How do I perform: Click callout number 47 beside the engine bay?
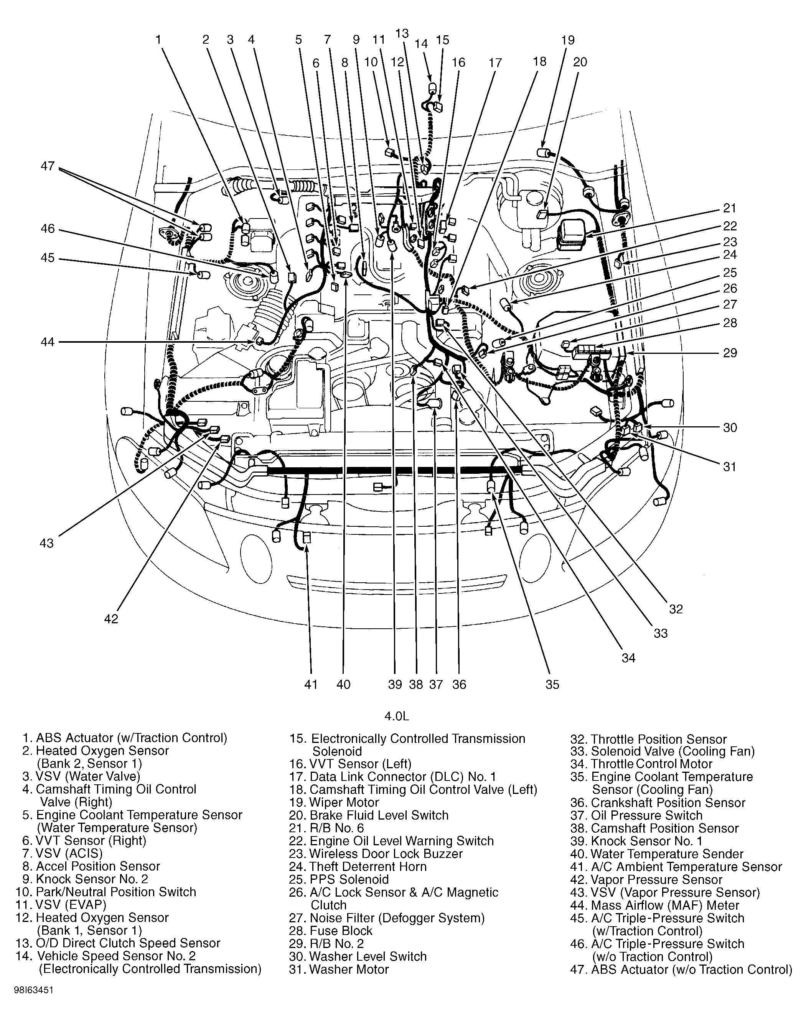click(48, 166)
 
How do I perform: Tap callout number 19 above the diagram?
click(568, 40)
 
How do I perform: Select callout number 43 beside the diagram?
click(46, 543)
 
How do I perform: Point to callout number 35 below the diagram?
click(552, 684)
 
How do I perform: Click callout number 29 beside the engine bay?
click(730, 353)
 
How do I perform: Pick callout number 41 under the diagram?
click(310, 684)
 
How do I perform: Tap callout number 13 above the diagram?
click(402, 33)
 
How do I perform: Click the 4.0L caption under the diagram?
click(396, 716)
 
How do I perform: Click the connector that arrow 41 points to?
click(306, 537)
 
